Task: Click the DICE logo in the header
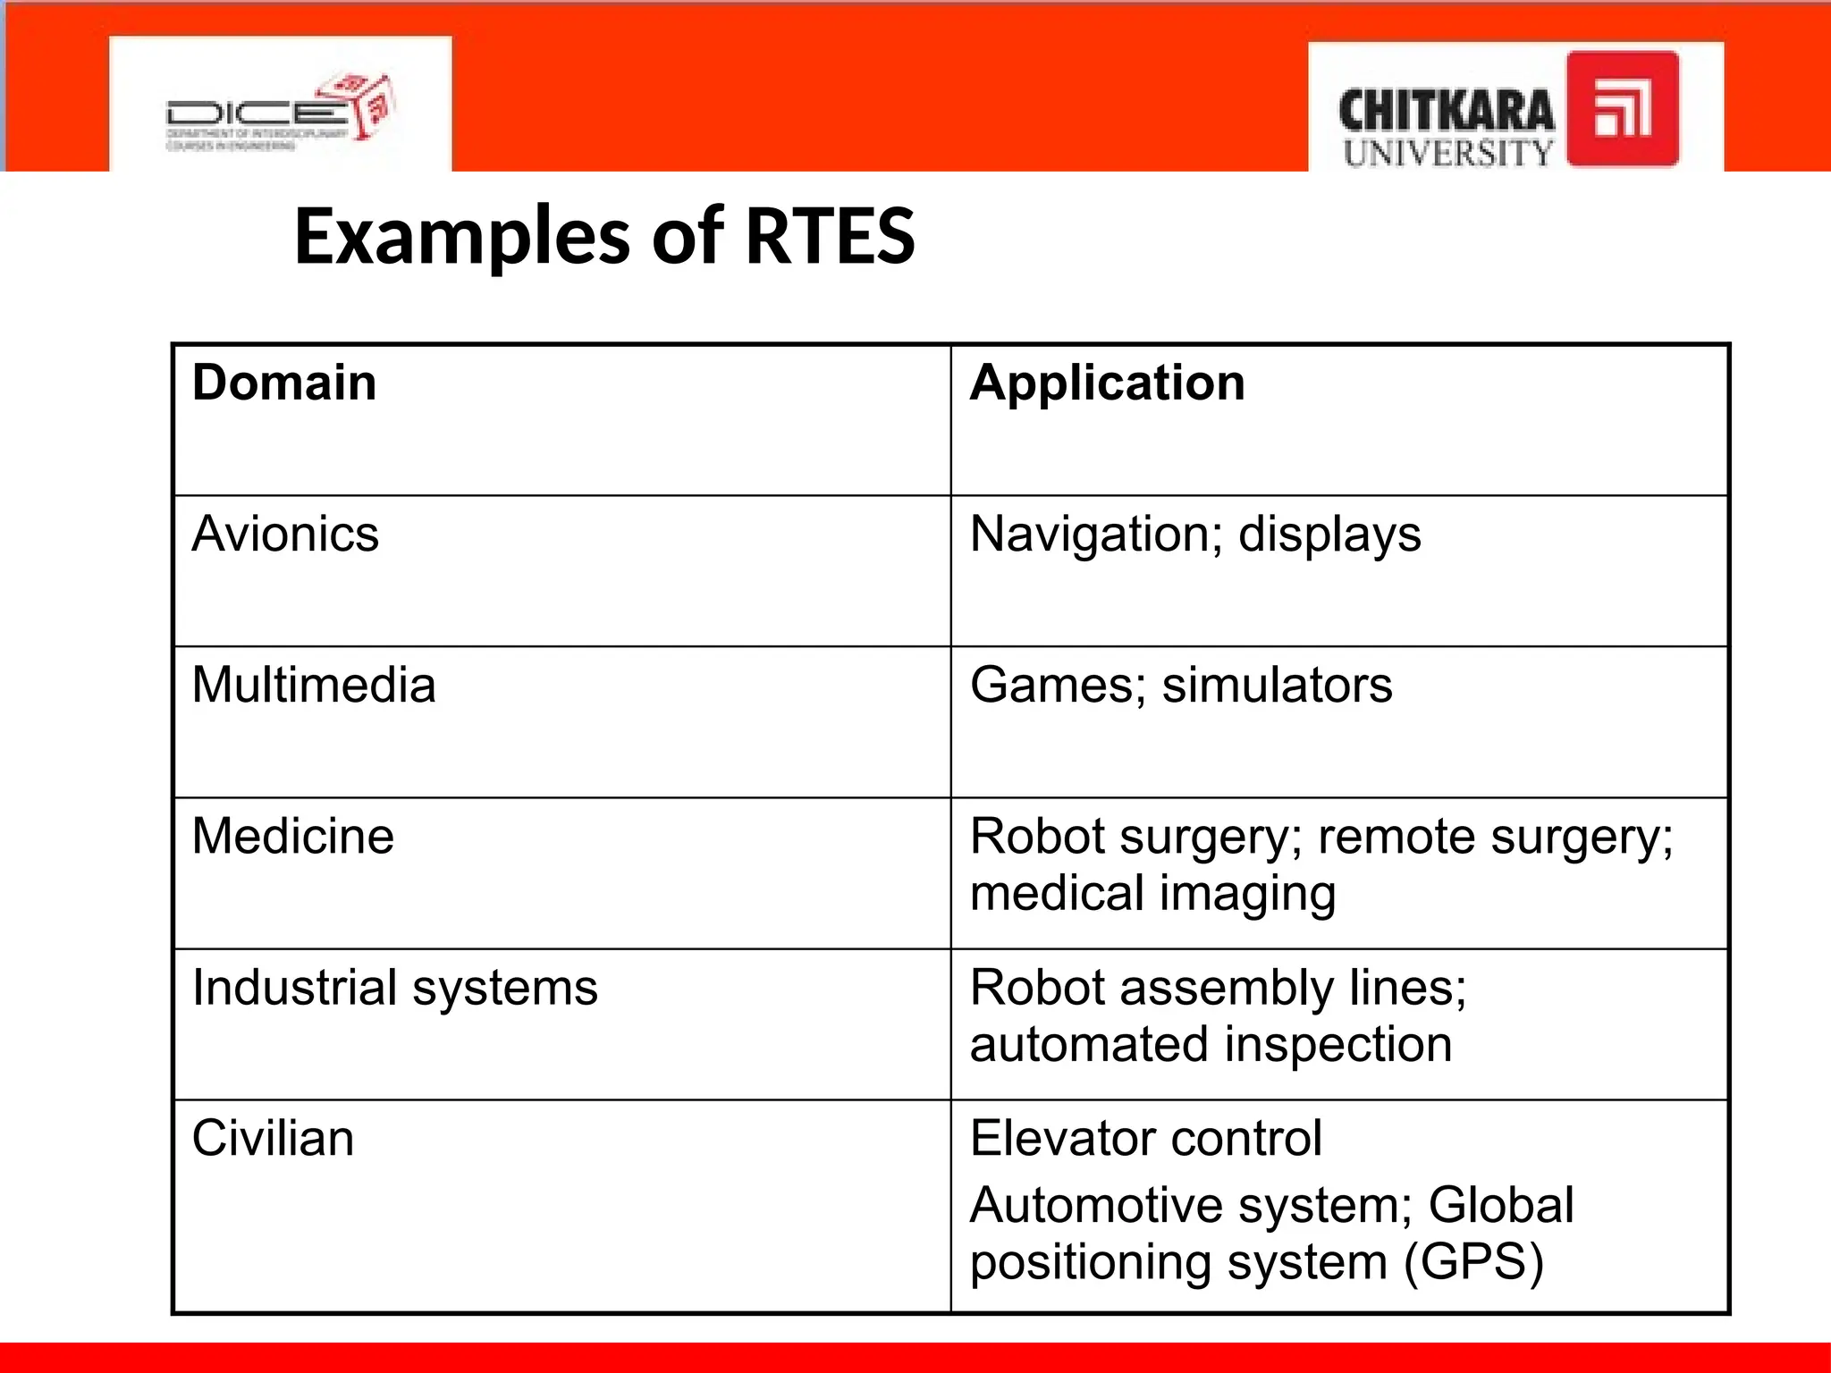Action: pyautogui.click(x=280, y=113)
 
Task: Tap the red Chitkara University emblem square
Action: pyautogui.click(x=1623, y=109)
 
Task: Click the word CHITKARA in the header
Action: pyautogui.click(x=1446, y=112)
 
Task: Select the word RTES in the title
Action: pyautogui.click(x=830, y=237)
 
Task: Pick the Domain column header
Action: pyautogui.click(x=284, y=383)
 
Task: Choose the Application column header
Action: pyautogui.click(x=1107, y=384)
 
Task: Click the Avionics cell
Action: pyautogui.click(x=285, y=535)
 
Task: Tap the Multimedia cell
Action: pyautogui.click(x=314, y=686)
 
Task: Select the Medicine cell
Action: pyautogui.click(x=292, y=837)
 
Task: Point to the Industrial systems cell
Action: pyautogui.click(x=394, y=988)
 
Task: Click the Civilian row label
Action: pyautogui.click(x=273, y=1139)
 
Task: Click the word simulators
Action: pyautogui.click(x=1277, y=686)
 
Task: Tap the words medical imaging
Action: pyautogui.click(x=1152, y=894)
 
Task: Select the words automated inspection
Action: pyautogui.click(x=1211, y=1045)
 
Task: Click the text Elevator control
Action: pyautogui.click(x=1145, y=1139)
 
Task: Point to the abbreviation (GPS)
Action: pyautogui.click(x=1473, y=1262)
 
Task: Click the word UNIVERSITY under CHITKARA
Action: pyautogui.click(x=1447, y=153)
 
